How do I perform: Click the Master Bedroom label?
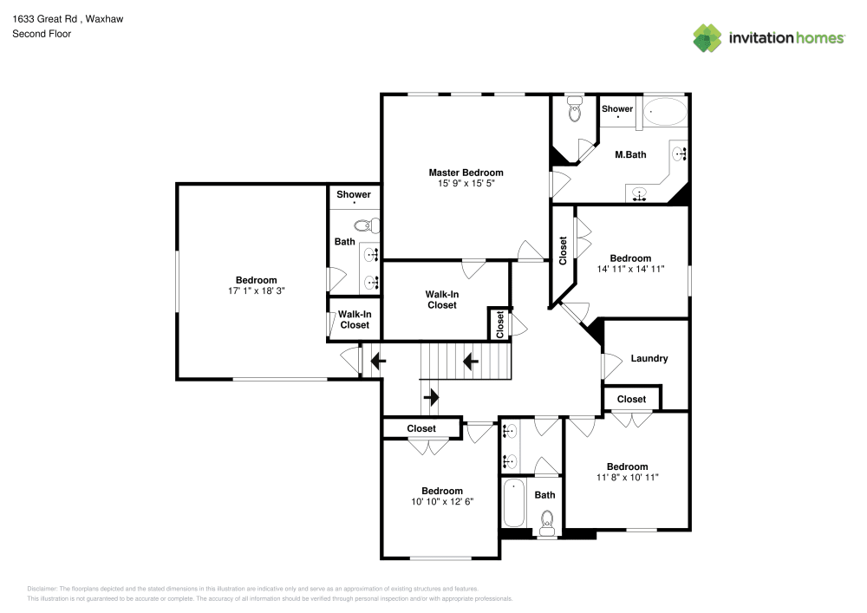466,173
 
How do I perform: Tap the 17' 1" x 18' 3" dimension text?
257,291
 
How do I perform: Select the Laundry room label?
649,358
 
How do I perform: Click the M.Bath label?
630,155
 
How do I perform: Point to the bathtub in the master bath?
665,113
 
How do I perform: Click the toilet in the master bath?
575,110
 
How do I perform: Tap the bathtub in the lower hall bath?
514,503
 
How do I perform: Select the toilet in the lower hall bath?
547,520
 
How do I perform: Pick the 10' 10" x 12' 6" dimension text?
442,502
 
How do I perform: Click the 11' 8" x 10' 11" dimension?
627,478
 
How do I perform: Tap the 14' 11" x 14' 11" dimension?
630,270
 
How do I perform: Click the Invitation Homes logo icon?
707,37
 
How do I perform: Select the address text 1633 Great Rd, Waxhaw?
68,17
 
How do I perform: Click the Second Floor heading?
42,34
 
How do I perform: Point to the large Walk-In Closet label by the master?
441,300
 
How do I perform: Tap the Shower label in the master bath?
617,109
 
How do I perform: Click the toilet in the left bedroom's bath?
368,225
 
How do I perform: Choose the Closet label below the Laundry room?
631,399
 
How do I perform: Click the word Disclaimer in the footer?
42,588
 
